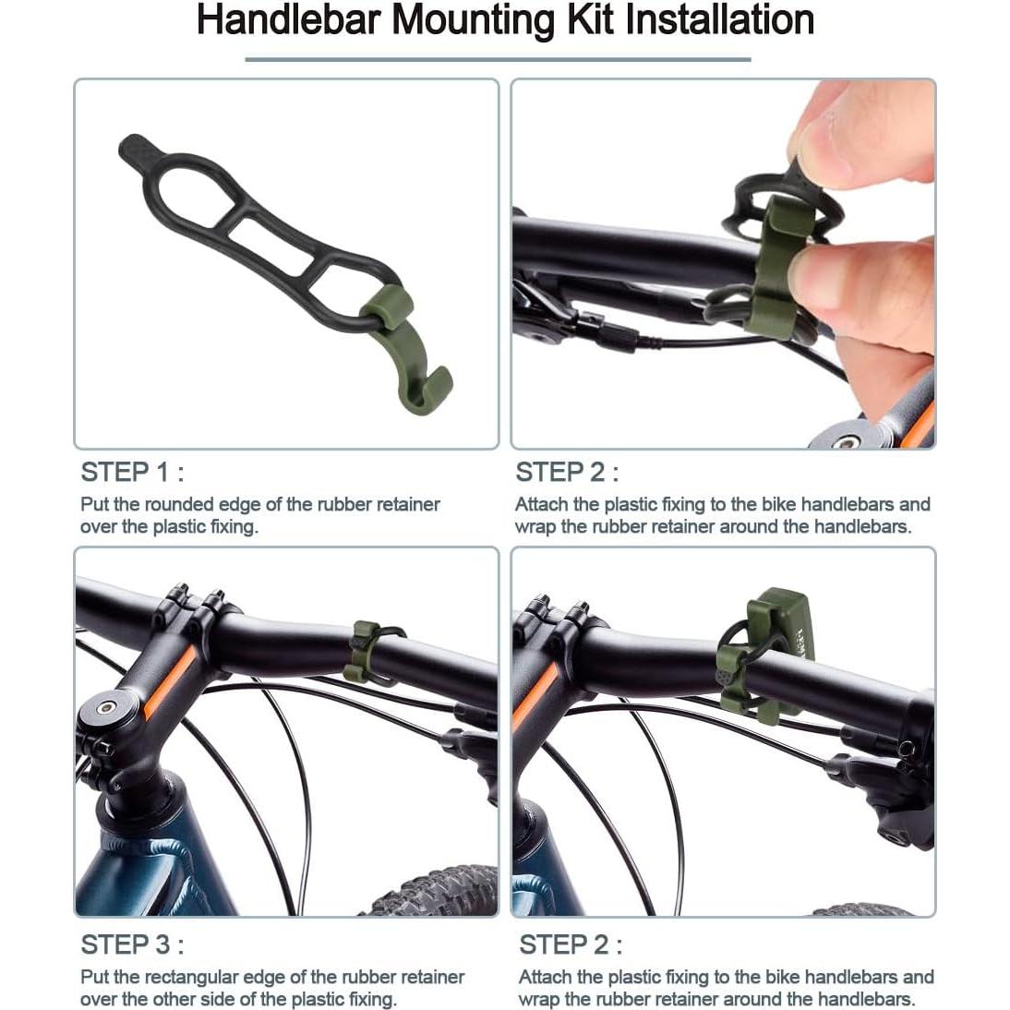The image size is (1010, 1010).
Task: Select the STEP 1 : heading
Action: point(132,473)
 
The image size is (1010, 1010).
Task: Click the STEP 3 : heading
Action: point(132,945)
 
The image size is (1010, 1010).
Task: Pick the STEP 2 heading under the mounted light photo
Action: point(571,945)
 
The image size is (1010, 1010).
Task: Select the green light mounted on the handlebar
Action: point(780,628)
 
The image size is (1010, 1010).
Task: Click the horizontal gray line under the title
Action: point(498,60)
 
